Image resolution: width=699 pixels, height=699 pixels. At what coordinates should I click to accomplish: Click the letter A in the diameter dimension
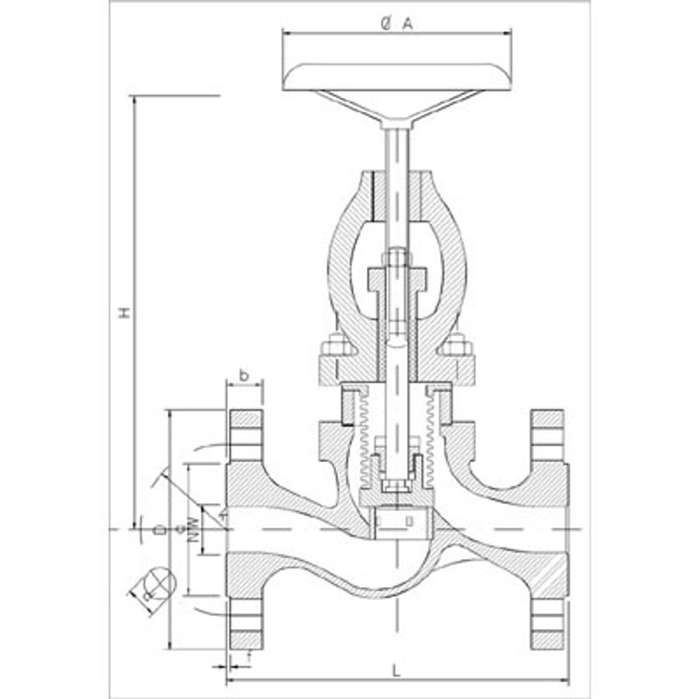(407, 24)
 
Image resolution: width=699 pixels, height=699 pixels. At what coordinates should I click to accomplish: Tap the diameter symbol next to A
(386, 24)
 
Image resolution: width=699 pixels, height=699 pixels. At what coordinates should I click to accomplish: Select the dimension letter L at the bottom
(397, 671)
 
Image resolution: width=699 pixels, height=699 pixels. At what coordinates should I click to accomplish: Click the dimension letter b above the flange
(243, 374)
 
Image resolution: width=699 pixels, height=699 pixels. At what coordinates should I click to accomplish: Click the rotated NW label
(192, 529)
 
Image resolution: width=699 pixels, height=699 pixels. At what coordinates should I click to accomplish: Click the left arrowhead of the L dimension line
(230, 680)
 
